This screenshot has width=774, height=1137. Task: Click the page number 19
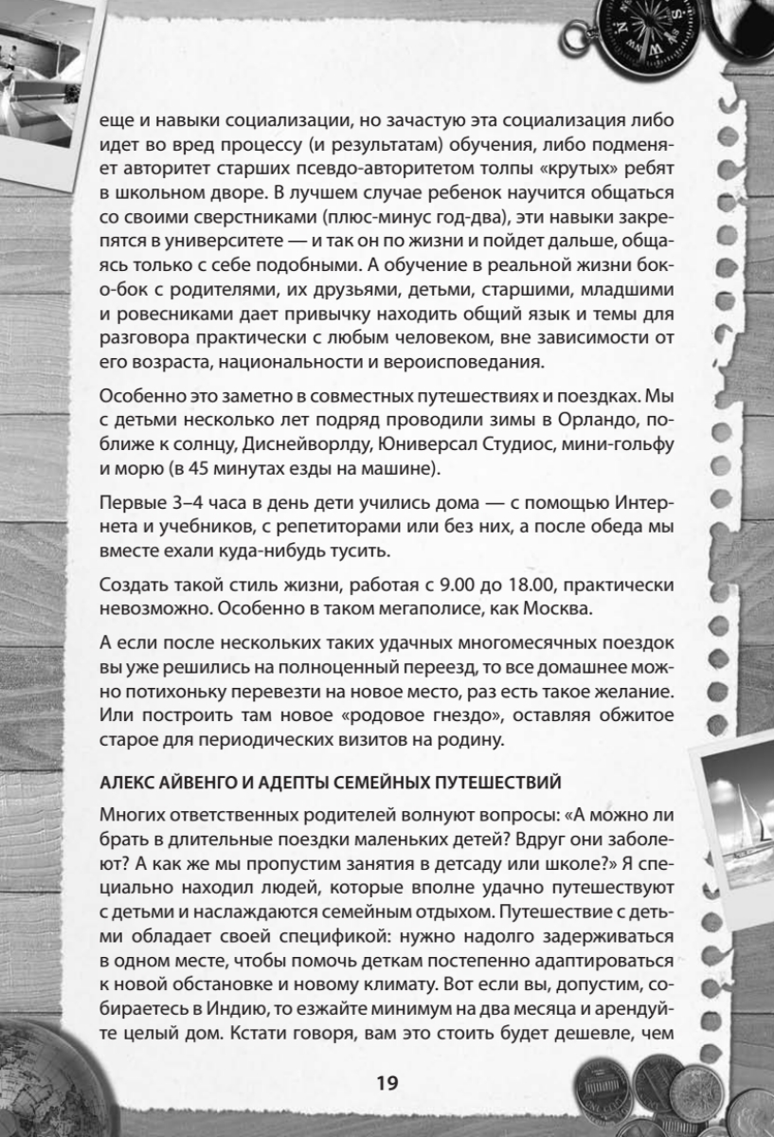[387, 1084]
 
